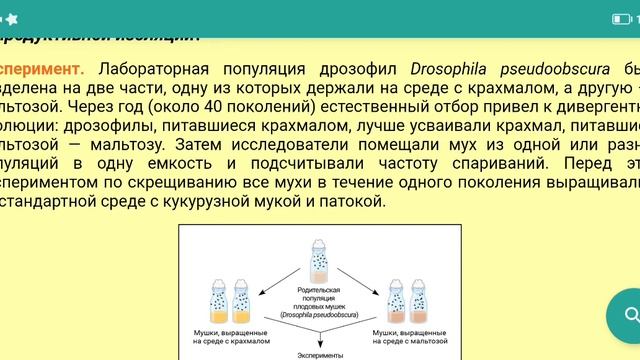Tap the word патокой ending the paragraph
357,201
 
